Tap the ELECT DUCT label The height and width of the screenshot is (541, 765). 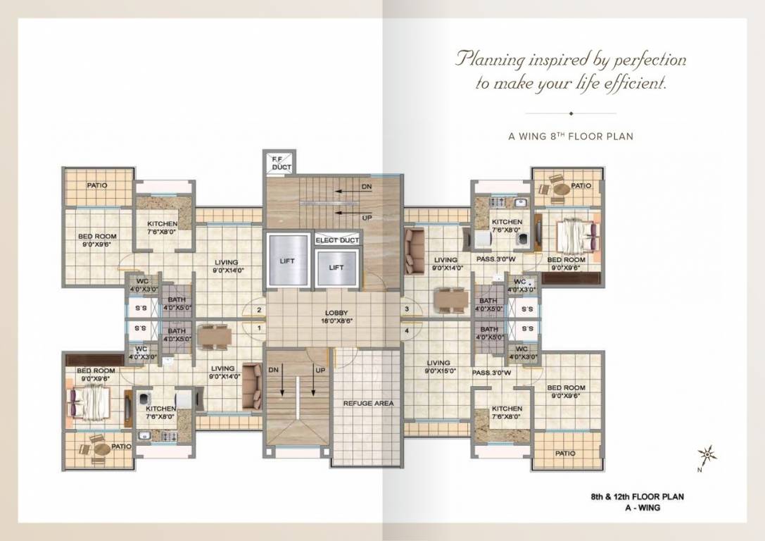click(x=337, y=241)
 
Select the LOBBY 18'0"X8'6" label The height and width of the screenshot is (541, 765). click(x=336, y=317)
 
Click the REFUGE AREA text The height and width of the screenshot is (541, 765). click(x=368, y=404)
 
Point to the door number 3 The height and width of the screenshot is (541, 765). click(x=407, y=309)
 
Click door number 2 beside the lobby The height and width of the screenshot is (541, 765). click(x=258, y=310)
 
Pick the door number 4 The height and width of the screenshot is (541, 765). click(x=407, y=329)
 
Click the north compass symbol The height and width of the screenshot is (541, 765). click(x=707, y=456)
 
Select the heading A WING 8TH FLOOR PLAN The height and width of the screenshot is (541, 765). click(x=571, y=136)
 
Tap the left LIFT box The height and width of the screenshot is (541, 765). click(x=287, y=261)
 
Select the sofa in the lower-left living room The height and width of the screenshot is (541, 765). click(x=252, y=386)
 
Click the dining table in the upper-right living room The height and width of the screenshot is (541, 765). click(x=450, y=299)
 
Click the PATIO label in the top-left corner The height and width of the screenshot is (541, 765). click(x=97, y=186)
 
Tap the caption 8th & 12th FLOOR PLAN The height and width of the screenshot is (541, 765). click(x=637, y=497)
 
